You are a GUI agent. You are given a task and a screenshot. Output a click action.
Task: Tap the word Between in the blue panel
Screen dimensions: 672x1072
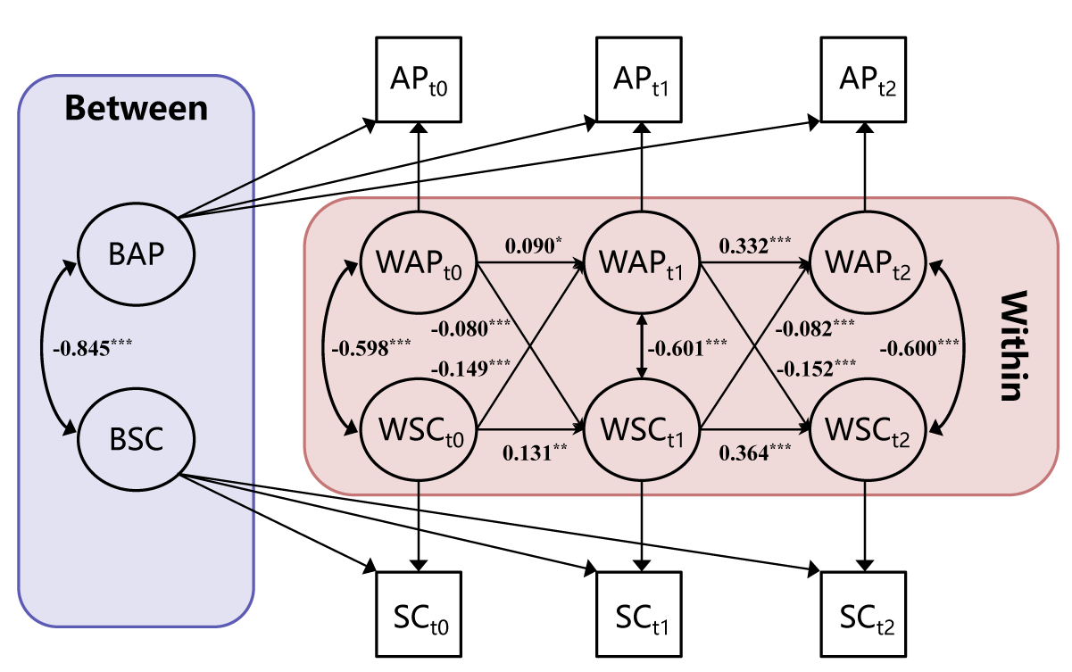tap(136, 108)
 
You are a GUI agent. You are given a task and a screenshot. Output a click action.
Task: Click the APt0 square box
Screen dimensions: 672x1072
tap(419, 79)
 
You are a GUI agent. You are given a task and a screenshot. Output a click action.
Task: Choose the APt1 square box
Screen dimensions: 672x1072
tap(641, 79)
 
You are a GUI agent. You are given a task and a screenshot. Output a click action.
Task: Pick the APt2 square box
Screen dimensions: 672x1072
tap(864, 79)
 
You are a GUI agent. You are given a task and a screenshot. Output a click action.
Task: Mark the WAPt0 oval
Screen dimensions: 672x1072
tap(419, 264)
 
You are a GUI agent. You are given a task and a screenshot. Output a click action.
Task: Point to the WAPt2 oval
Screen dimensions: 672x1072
tap(864, 264)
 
